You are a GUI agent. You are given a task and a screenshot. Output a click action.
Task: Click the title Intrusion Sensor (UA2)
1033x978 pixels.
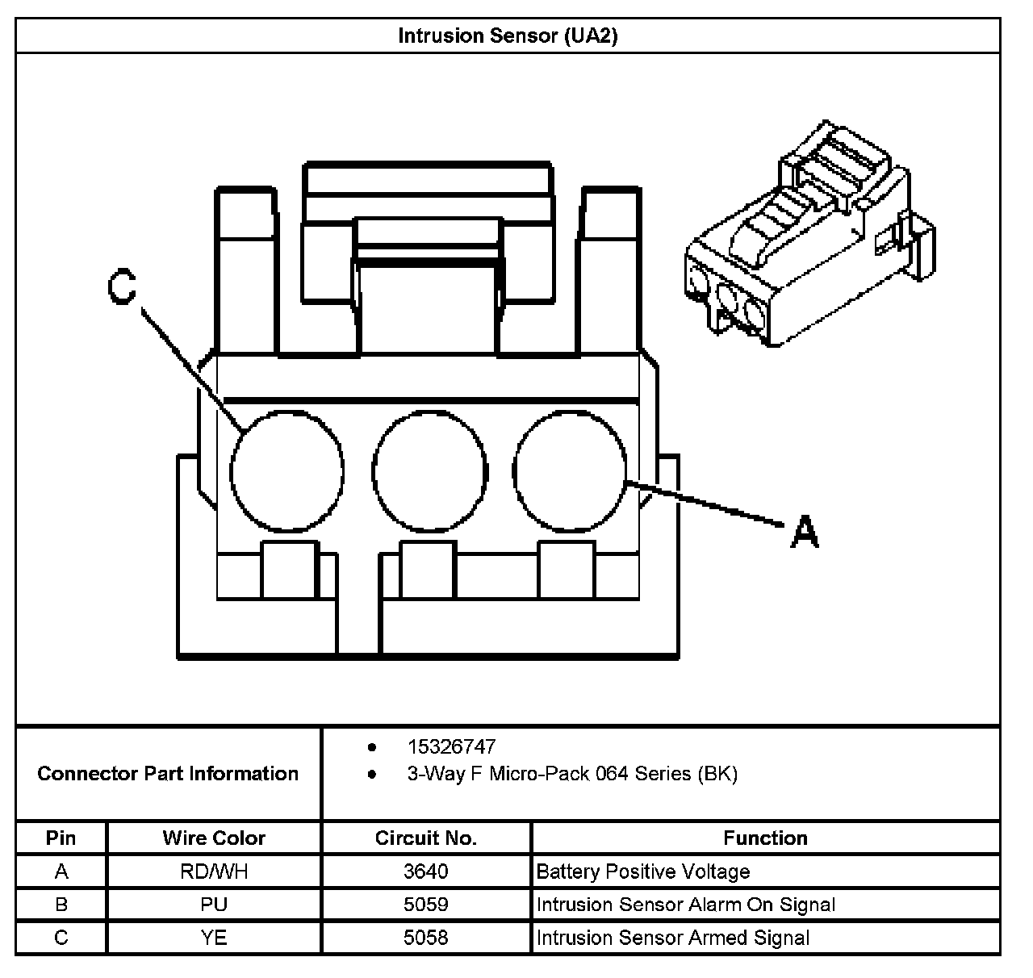tap(508, 36)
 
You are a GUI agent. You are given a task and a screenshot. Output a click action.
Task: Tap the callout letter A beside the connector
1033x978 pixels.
tap(805, 533)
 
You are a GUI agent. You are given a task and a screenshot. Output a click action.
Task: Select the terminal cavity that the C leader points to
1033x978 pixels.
tap(286, 470)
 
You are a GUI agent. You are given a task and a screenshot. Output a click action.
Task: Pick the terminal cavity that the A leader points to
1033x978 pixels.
tap(570, 470)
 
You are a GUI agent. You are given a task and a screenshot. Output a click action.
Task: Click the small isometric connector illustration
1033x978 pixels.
tap(809, 236)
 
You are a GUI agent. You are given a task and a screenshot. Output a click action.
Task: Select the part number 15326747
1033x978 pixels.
tap(451, 747)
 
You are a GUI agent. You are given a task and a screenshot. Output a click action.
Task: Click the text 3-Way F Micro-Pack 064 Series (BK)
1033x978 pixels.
tap(572, 774)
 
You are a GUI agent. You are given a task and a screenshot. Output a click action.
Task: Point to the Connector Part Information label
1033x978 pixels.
tap(168, 774)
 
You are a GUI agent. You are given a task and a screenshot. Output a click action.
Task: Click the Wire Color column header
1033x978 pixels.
tap(214, 838)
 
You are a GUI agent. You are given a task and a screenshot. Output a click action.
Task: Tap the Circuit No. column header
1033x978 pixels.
tap(426, 838)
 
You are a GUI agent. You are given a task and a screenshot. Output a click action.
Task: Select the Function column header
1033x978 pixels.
tap(765, 838)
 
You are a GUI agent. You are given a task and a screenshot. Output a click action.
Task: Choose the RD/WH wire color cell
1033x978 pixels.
tap(214, 871)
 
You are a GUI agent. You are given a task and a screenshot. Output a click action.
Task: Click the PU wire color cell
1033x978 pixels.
tap(214, 905)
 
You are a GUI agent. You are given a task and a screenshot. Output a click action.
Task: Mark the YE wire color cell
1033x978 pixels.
tap(214, 938)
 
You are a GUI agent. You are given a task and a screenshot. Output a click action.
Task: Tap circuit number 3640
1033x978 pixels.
tap(426, 871)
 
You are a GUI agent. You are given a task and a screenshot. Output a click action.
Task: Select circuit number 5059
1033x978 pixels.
tap(426, 905)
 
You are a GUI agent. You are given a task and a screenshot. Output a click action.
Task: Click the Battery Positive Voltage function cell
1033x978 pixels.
tap(643, 871)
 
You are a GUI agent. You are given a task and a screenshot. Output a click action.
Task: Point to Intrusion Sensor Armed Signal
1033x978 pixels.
tap(672, 938)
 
